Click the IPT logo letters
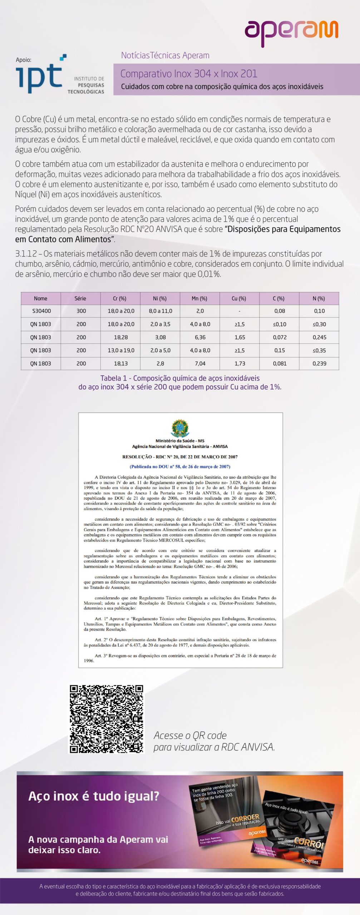pyautogui.click(x=39, y=76)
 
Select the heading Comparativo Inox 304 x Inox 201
pyautogui.click(x=189, y=74)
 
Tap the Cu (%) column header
pyautogui.click(x=239, y=298)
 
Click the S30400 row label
pyautogui.click(x=41, y=311)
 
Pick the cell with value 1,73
pyautogui.click(x=240, y=363)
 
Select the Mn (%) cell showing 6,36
pyautogui.click(x=200, y=337)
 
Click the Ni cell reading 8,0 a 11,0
pyautogui.click(x=160, y=311)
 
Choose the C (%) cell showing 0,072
pyautogui.click(x=279, y=337)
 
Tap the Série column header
pyautogui.click(x=80, y=298)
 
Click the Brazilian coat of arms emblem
pyautogui.click(x=180, y=428)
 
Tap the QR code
pyautogui.click(x=107, y=719)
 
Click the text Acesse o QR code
pyautogui.click(x=190, y=735)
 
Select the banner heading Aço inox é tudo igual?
pyautogui.click(x=94, y=796)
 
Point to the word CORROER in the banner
pyautogui.click(x=245, y=818)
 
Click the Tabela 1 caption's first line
pyautogui.click(x=180, y=378)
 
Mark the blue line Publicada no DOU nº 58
pyautogui.click(x=180, y=466)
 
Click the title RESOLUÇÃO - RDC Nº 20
pyautogui.click(x=180, y=457)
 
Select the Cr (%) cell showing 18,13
pyautogui.click(x=121, y=363)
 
